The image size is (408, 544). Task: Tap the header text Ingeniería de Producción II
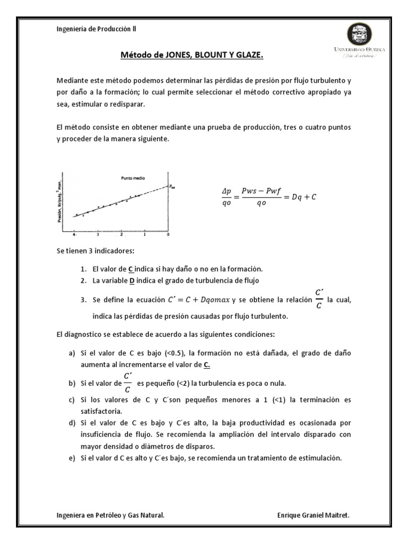click(96, 29)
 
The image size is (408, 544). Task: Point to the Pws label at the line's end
click(172, 186)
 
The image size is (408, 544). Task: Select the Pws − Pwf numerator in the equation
click(260, 191)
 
